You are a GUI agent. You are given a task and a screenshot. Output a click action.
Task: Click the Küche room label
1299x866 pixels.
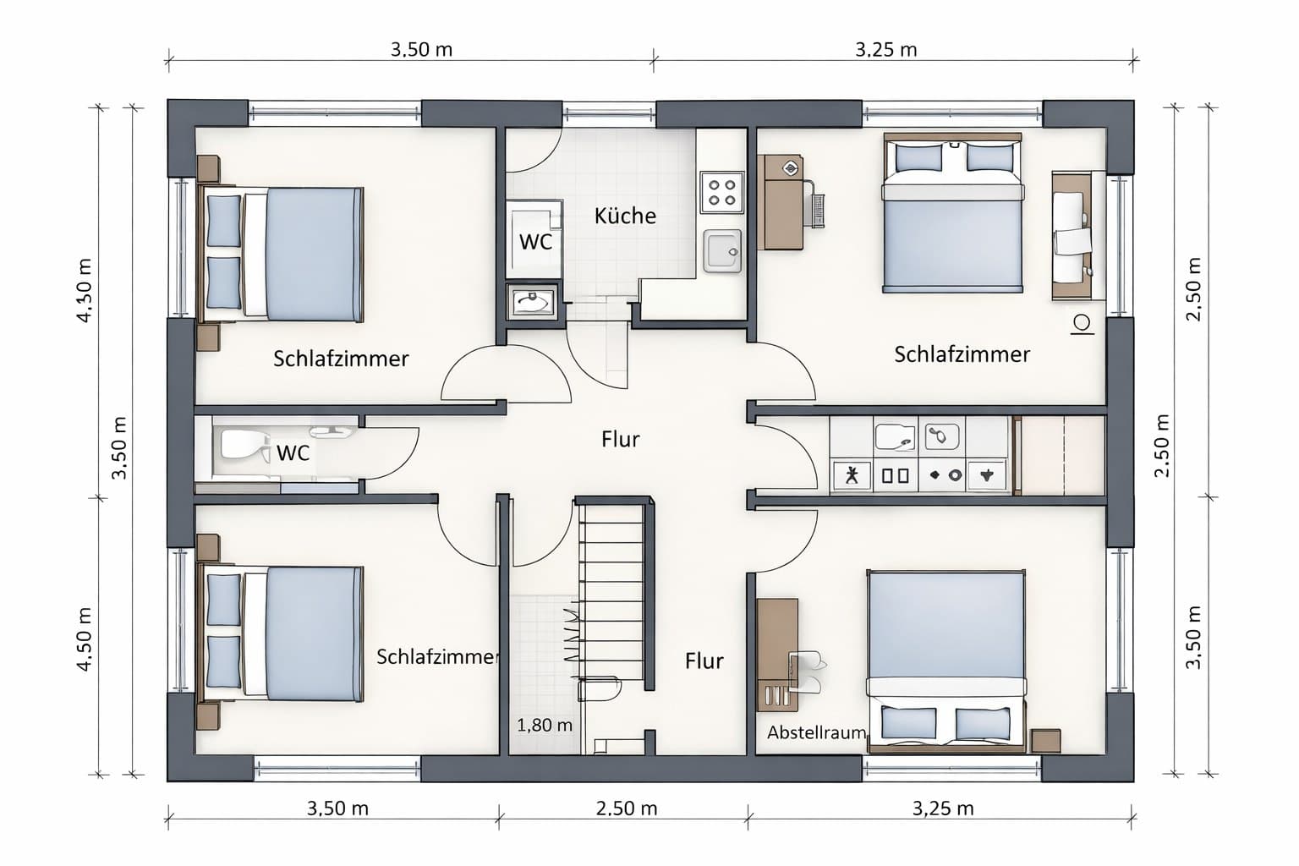pyautogui.click(x=625, y=216)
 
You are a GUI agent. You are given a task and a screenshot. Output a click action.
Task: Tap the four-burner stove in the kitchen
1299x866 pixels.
pyautogui.click(x=722, y=193)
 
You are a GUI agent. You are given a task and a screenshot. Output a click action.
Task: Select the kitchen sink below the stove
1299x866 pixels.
pyautogui.click(x=722, y=251)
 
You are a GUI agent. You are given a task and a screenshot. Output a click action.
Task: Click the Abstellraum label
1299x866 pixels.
pyautogui.click(x=816, y=732)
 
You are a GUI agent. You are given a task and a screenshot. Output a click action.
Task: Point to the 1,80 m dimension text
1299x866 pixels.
pyautogui.click(x=544, y=725)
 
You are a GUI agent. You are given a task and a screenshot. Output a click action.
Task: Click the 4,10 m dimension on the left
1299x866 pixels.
pyautogui.click(x=85, y=290)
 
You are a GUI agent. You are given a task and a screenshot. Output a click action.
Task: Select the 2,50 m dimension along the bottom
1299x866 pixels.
pyautogui.click(x=627, y=808)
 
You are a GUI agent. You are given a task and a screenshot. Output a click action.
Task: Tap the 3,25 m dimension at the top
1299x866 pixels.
pyautogui.click(x=886, y=50)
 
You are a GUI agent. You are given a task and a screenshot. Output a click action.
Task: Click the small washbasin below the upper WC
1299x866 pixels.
pyautogui.click(x=532, y=302)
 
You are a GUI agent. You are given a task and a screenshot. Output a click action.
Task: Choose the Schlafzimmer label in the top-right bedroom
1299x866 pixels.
pyautogui.click(x=962, y=354)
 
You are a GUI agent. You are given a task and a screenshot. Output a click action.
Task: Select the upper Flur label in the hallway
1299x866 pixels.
pyautogui.click(x=620, y=439)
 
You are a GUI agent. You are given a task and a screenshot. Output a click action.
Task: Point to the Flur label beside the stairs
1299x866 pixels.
pyautogui.click(x=704, y=660)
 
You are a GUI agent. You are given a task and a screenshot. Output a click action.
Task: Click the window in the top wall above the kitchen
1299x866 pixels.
pyautogui.click(x=609, y=113)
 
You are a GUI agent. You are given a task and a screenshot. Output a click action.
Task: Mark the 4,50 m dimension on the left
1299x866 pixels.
pyautogui.click(x=85, y=639)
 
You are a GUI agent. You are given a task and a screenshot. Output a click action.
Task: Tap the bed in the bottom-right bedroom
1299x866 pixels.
pyautogui.click(x=946, y=661)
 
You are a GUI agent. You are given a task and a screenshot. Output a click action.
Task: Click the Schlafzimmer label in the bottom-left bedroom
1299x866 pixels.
pyautogui.click(x=437, y=656)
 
